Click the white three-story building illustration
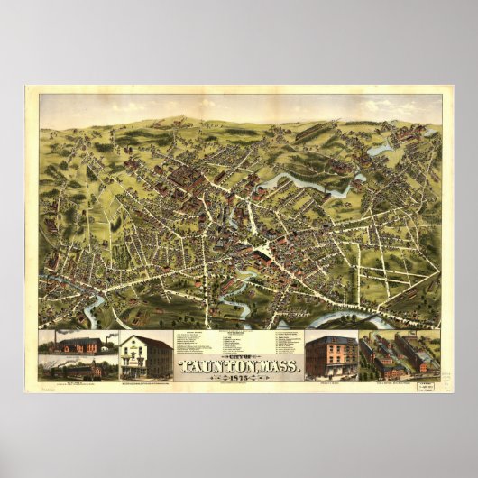pyautogui.click(x=145, y=355)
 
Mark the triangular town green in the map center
pyautogui.click(x=268, y=247)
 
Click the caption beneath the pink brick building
pyautogui.click(x=330, y=382)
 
